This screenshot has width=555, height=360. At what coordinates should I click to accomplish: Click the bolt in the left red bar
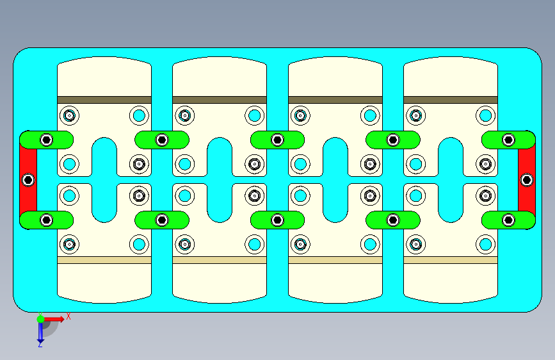point(28,180)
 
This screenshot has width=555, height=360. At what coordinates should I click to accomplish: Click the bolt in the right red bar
point(526,180)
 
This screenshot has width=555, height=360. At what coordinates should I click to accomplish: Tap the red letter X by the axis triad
point(68,316)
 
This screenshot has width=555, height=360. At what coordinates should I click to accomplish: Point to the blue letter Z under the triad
point(40,344)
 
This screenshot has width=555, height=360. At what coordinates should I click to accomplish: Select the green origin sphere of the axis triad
point(40,318)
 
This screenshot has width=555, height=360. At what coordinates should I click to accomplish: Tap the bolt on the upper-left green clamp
point(46,140)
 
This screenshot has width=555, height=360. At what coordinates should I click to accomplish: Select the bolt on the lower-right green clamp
point(508,220)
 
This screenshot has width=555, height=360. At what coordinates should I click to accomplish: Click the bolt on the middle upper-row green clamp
point(277,140)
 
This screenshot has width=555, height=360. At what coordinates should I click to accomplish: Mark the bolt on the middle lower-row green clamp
point(277,220)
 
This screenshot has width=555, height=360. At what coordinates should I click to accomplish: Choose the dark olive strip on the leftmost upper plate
point(104,100)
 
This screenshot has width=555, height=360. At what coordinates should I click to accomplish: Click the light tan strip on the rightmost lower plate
point(451,260)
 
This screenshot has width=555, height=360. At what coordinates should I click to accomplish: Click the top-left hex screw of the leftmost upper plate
point(69,116)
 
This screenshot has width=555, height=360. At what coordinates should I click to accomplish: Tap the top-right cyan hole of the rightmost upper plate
point(485,116)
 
